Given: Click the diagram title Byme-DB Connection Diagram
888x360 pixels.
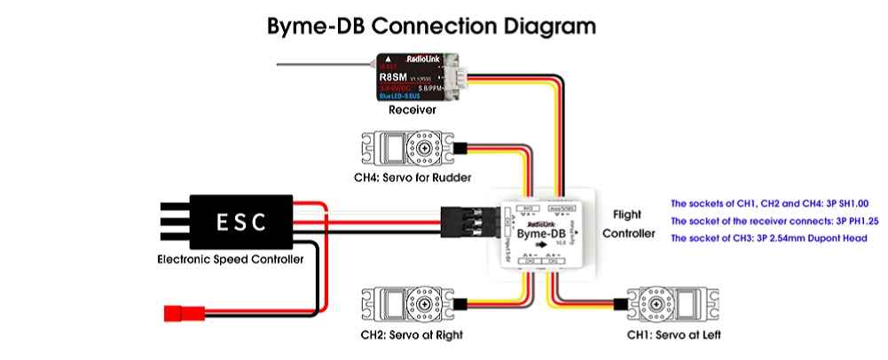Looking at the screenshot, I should [x=432, y=25].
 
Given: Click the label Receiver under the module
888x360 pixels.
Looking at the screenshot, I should [x=411, y=112].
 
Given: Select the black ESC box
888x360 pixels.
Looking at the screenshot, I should [x=242, y=220].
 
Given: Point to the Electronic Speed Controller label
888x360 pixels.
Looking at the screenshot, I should [x=230, y=260].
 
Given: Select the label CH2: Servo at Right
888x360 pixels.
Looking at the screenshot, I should [x=411, y=336].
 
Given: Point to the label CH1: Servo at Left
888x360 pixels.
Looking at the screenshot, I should [x=673, y=336].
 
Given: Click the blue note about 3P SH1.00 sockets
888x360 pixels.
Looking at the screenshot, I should [x=769, y=202].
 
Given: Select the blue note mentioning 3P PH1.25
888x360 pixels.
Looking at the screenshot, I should [x=774, y=221].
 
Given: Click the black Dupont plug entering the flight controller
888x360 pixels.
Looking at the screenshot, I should [x=467, y=221].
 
